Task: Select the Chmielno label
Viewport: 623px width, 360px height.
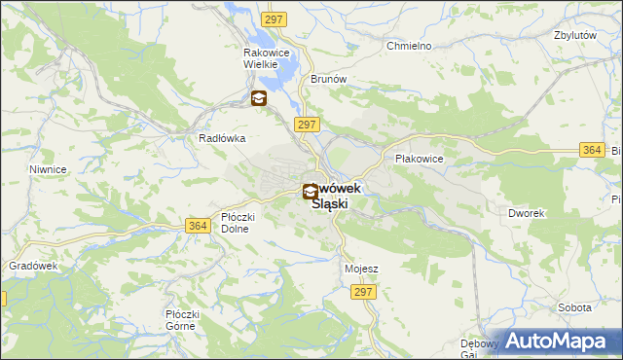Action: click(x=409, y=46)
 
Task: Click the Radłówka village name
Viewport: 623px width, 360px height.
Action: click(x=222, y=138)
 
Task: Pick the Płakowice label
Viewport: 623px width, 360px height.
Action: click(x=420, y=158)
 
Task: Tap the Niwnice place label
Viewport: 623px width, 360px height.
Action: click(x=48, y=169)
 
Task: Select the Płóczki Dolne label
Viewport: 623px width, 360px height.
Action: click(x=236, y=223)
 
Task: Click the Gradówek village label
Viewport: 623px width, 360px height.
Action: click(x=34, y=266)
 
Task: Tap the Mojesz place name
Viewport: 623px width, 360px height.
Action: click(x=361, y=268)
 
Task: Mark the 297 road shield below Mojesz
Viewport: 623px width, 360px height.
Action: click(x=364, y=292)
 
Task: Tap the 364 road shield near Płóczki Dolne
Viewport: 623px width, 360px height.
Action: click(x=198, y=226)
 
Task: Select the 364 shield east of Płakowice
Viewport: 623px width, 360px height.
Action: click(x=591, y=149)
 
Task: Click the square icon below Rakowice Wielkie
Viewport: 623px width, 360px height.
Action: click(x=258, y=97)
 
